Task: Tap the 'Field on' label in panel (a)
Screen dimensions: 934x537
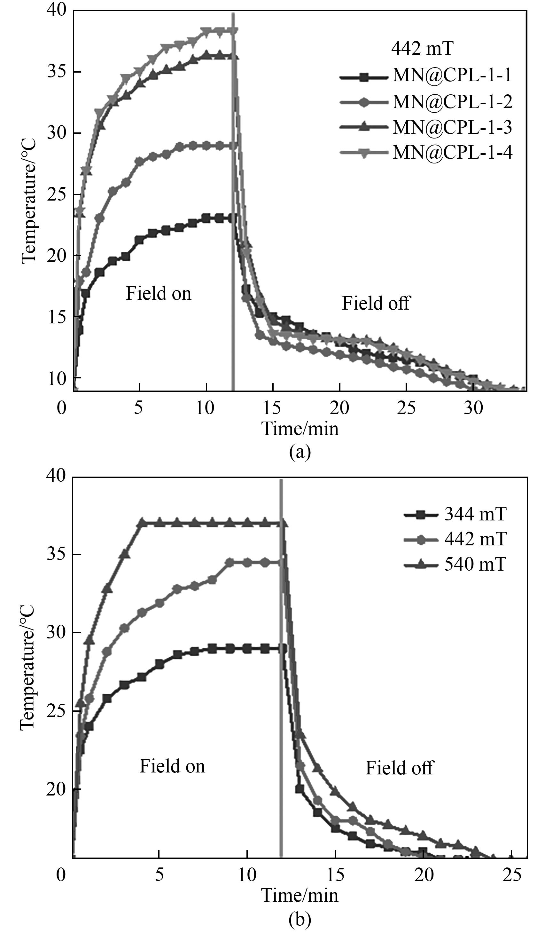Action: coord(159,294)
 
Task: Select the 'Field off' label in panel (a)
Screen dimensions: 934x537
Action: coord(376,303)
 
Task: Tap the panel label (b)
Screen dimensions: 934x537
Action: coord(300,920)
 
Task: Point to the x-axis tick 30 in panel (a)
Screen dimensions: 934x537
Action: coord(473,408)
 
